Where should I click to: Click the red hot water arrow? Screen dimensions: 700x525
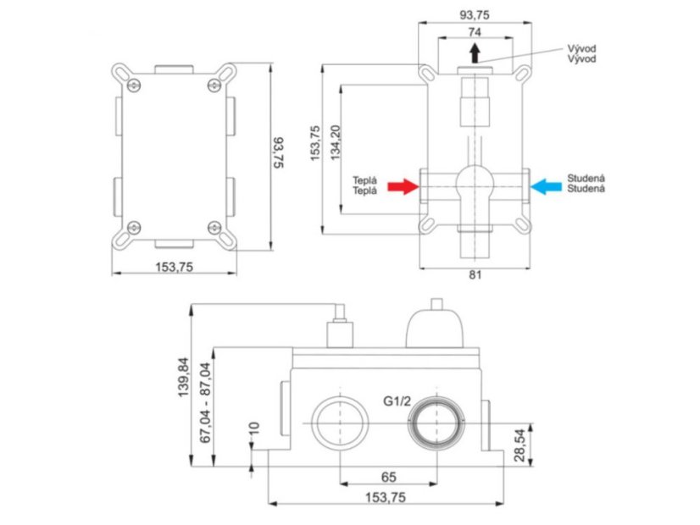click(x=403, y=186)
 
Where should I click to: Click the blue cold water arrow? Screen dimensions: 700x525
click(x=546, y=186)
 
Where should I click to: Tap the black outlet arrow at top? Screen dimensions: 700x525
click(x=475, y=53)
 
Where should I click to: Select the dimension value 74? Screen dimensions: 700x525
click(x=475, y=32)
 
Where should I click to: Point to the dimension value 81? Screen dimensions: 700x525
click(x=475, y=274)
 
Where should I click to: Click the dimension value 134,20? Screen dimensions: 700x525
click(x=336, y=143)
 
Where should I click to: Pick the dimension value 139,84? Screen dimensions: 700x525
click(x=184, y=378)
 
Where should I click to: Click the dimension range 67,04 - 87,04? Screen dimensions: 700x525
click(x=205, y=402)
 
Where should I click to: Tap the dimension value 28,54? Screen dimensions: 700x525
click(x=519, y=445)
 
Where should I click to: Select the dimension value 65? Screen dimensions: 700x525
click(x=388, y=478)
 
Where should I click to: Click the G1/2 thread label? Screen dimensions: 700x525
click(x=397, y=401)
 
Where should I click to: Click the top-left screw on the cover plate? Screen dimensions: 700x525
click(x=134, y=85)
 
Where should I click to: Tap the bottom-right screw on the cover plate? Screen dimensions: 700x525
click(x=214, y=228)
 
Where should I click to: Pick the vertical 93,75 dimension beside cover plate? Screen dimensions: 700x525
click(x=279, y=152)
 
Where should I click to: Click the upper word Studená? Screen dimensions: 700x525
click(x=586, y=178)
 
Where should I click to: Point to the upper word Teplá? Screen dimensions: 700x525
click(x=364, y=180)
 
